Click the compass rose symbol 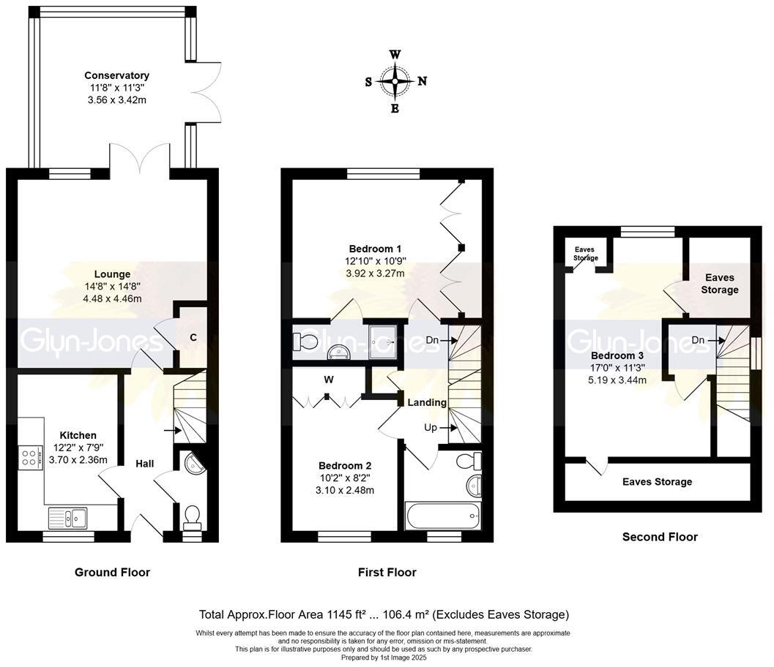[x=395, y=81]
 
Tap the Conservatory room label [x=116, y=75]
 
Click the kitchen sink [x=67, y=518]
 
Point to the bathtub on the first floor [x=442, y=516]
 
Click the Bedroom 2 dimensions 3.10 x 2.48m [x=345, y=491]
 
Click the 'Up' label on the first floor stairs [x=431, y=428]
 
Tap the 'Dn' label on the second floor [x=698, y=340]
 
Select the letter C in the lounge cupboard [x=193, y=337]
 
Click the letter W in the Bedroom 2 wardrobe [x=329, y=380]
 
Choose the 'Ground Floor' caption [x=112, y=573]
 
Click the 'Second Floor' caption [x=660, y=537]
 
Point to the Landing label [x=427, y=403]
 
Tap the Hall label [x=145, y=464]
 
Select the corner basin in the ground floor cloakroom [x=195, y=464]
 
